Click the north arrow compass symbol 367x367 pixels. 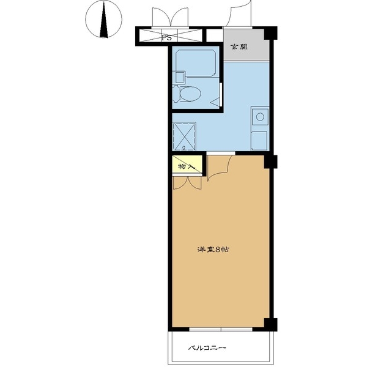(103, 19)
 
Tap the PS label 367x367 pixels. (167, 37)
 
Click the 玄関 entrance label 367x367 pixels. (239, 47)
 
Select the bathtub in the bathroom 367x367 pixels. (196, 63)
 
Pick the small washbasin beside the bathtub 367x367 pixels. (179, 78)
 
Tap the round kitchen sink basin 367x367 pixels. (260, 117)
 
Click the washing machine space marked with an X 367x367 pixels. (184, 136)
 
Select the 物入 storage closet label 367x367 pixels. (187, 166)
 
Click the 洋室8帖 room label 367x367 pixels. (213, 250)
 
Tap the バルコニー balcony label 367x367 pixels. (207, 348)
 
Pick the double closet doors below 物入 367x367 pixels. (187, 182)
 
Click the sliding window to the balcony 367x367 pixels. (221, 330)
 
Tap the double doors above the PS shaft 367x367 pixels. (170, 18)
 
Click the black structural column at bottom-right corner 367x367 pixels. (271, 324)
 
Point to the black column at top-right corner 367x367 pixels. (271, 33)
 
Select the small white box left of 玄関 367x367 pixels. (214, 35)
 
